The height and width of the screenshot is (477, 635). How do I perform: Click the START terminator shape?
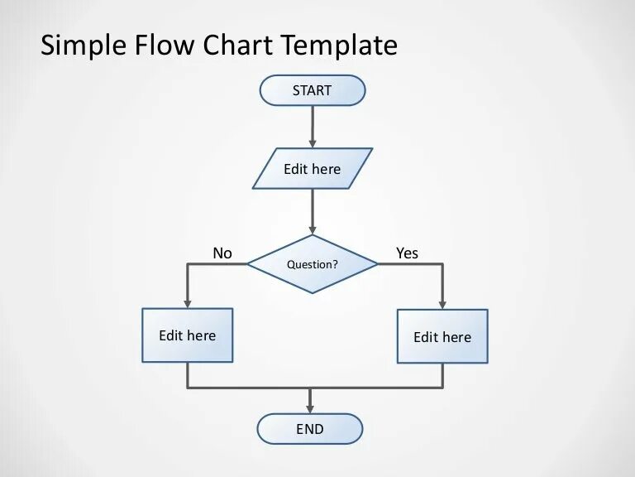[x=312, y=90]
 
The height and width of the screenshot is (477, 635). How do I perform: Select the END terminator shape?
[x=310, y=429]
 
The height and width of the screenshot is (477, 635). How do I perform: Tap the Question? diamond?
[x=313, y=264]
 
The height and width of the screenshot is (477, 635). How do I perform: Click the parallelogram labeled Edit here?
[x=313, y=169]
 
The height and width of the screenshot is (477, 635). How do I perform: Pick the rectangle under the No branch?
[x=188, y=335]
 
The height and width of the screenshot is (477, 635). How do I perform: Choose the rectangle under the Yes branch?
[x=442, y=336]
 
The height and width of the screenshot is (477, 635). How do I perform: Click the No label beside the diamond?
[x=222, y=253]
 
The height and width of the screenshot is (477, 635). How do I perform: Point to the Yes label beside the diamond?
[x=407, y=253]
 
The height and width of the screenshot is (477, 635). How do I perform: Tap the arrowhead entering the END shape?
[x=310, y=408]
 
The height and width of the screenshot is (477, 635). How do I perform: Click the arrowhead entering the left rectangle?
[x=188, y=304]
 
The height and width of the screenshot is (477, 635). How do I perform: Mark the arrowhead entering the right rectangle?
[x=442, y=305]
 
